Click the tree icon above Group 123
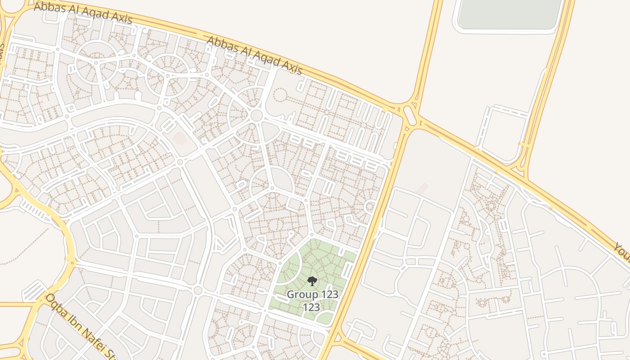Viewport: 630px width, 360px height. [x=311, y=282]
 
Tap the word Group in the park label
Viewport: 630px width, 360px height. [x=301, y=295]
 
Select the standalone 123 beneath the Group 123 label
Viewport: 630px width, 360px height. [x=311, y=307]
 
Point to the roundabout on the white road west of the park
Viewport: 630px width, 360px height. [x=198, y=290]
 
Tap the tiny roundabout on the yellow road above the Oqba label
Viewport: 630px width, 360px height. [x=71, y=260]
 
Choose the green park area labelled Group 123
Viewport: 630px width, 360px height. [x=315, y=265]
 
